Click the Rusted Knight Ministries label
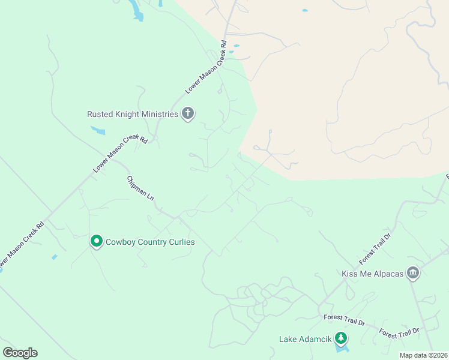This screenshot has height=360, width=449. tap(133, 114)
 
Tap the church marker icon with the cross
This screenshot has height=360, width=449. tap(188, 113)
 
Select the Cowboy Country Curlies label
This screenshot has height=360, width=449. tap(151, 242)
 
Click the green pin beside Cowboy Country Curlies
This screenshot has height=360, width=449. tap(96, 241)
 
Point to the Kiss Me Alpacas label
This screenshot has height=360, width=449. tap(372, 274)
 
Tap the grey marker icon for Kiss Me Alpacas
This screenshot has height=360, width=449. tap(413, 273)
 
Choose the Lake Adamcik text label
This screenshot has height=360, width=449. tap(305, 339)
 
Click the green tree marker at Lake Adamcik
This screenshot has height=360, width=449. tap(341, 338)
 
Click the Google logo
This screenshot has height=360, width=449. tap(20, 353)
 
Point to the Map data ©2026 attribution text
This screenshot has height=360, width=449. tap(424, 355)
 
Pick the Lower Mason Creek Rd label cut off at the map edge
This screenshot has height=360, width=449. tap(22, 245)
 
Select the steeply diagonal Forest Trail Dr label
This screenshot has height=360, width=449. tap(375, 248)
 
